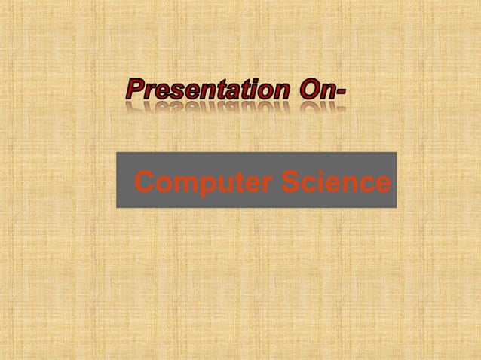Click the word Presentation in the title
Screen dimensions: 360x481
[x=207, y=91]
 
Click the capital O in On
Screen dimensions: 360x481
[x=308, y=91]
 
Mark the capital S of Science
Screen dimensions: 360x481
[x=291, y=182]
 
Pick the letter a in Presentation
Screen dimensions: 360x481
[x=234, y=93]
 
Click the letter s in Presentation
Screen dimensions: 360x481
[x=173, y=93]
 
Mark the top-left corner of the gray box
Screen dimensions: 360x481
[x=117, y=153]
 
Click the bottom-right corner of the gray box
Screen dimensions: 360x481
[x=396, y=206]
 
